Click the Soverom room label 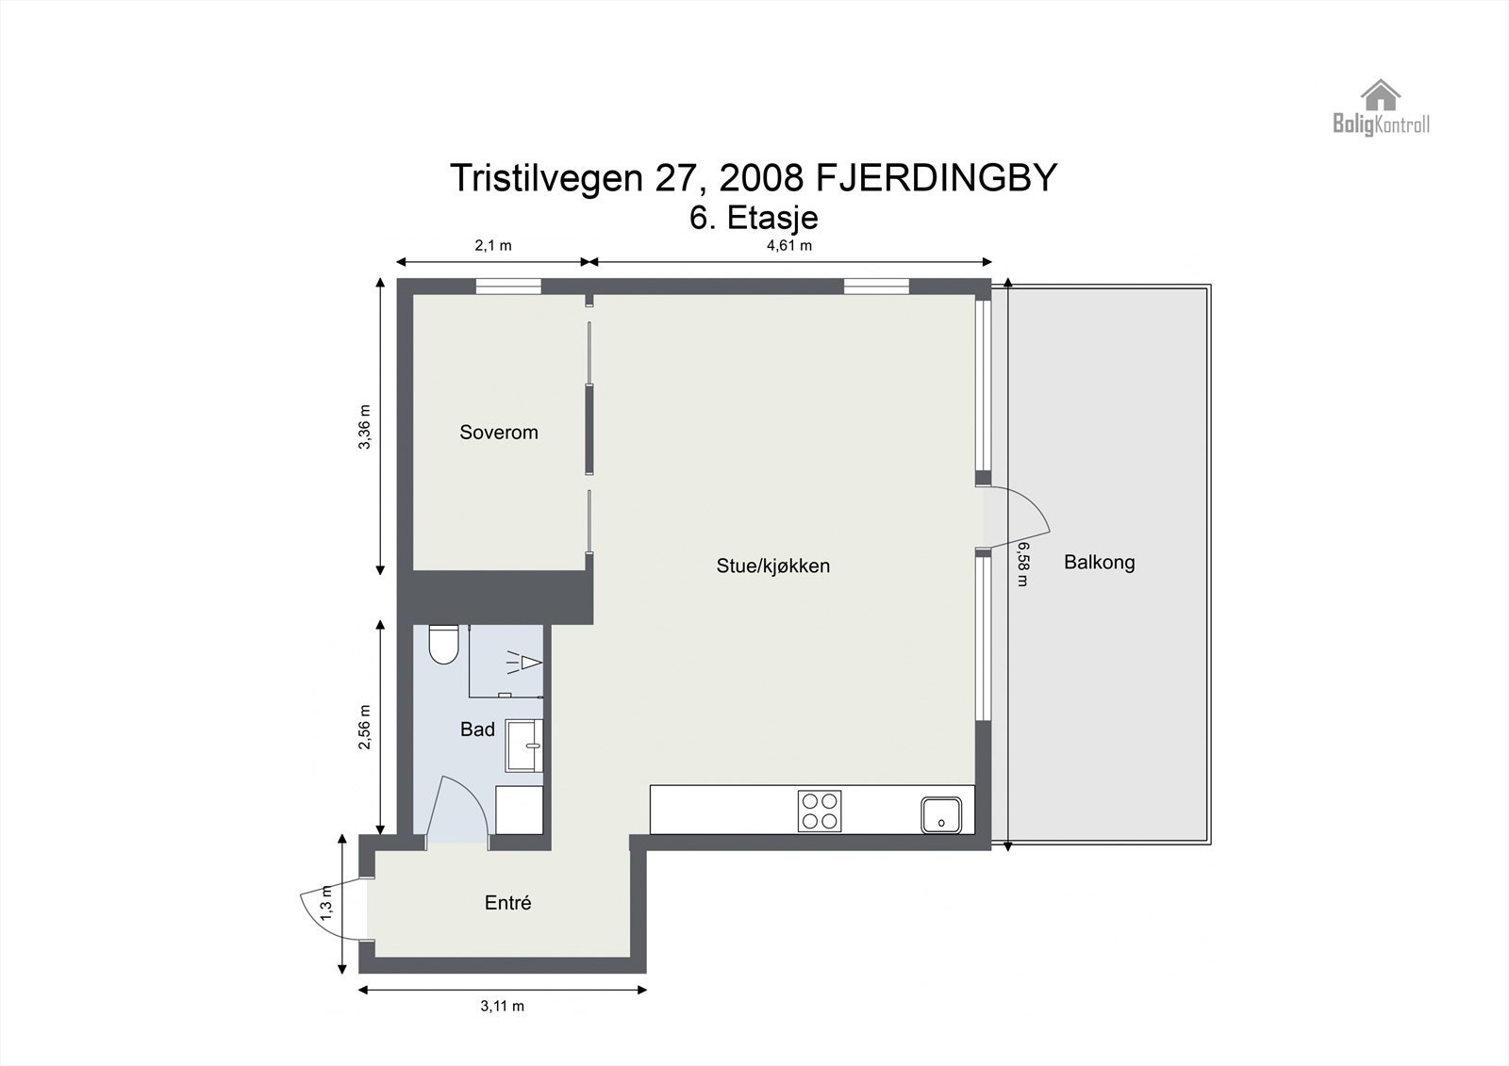point(498,433)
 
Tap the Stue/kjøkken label point(772,566)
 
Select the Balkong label point(1099,563)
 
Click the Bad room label point(477,729)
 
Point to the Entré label point(507,903)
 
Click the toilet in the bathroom point(442,644)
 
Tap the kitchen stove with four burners point(820,811)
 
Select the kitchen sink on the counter point(941,813)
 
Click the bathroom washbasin point(524,746)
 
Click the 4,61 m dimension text point(788,245)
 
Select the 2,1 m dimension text point(492,245)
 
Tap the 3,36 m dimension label point(365,427)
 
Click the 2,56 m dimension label point(365,728)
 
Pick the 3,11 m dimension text point(502,1006)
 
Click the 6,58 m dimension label point(1022,564)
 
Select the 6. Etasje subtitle point(754,218)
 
